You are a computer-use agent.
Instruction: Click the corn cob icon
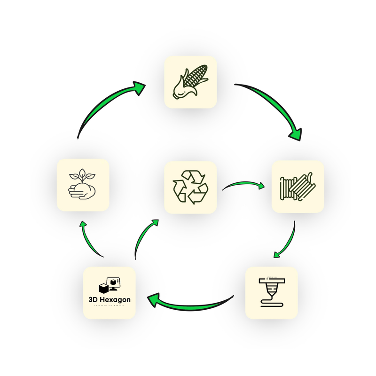coord(190,82)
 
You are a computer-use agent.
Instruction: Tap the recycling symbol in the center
coord(190,188)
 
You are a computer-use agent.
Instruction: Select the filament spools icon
coord(298,187)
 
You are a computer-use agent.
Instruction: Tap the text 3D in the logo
coord(93,299)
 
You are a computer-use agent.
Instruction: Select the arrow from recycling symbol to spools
coord(242,185)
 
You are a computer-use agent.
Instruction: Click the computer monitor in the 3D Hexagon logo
coord(115,282)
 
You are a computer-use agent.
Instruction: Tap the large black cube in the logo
coord(104,288)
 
